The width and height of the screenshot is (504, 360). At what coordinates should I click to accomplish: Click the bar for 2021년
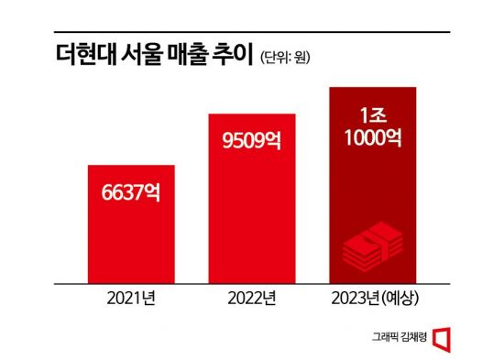(x=131, y=224)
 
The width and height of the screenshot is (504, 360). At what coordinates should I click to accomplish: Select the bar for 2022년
(x=253, y=198)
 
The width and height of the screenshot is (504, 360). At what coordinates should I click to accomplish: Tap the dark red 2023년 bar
(x=374, y=183)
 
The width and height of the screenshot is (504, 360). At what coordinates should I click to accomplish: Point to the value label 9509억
(x=253, y=142)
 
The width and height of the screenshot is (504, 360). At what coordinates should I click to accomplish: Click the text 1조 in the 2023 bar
(x=374, y=117)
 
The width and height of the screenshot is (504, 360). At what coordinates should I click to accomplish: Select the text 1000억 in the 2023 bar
(x=374, y=140)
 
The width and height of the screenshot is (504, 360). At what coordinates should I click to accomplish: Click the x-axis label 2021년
(x=131, y=299)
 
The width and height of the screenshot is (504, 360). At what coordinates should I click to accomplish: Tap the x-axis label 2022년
(x=253, y=299)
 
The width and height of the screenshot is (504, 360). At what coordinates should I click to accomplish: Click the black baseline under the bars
(x=252, y=282)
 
